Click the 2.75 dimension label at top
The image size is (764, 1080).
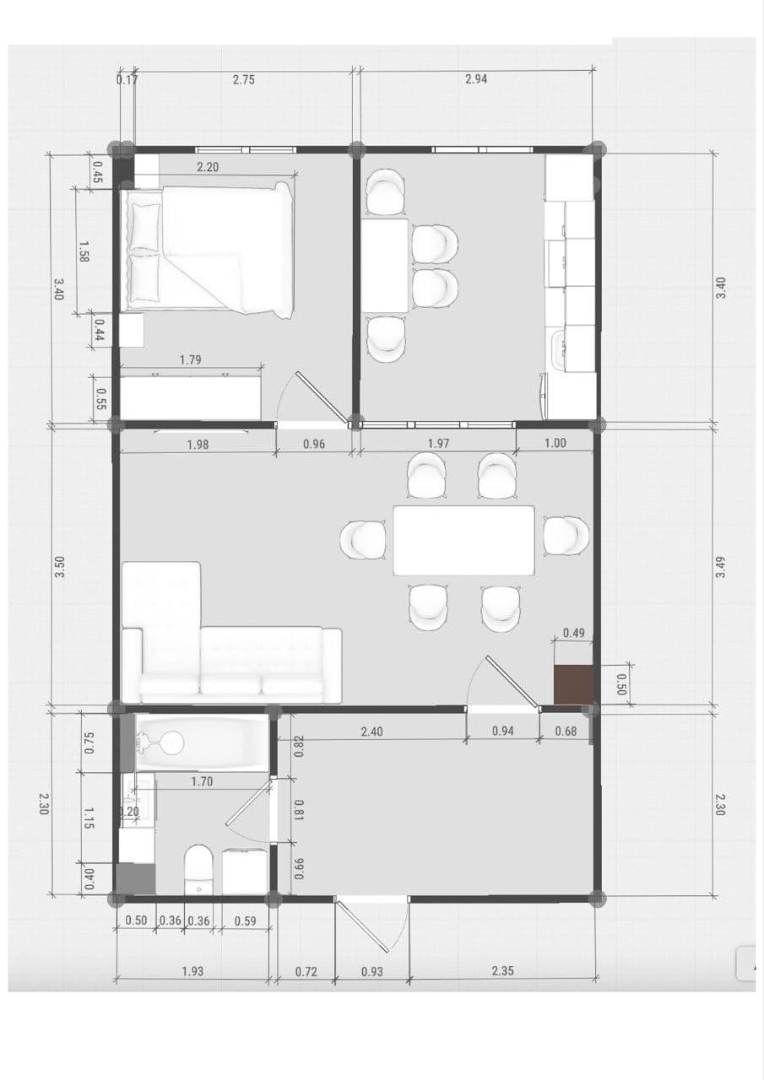coord(244,79)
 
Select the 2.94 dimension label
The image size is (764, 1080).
coord(476,78)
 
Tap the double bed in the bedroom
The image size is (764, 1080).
coord(210,250)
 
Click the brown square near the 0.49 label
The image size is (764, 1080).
coord(573,684)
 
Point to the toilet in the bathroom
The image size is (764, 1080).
coord(198,869)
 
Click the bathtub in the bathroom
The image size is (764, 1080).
coord(202,743)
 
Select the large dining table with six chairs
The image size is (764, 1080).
coord(464,541)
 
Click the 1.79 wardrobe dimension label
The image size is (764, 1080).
coord(191,359)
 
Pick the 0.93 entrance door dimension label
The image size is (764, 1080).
coord(372,971)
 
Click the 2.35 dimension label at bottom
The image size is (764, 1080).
coord(502,970)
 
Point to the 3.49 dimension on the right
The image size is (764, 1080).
coord(720,568)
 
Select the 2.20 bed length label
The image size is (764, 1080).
coord(208,167)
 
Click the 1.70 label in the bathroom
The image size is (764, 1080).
coord(202,781)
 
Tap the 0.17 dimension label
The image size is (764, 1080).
coord(127,79)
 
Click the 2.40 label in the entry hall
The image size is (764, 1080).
coord(372,732)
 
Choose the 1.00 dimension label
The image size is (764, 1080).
coord(555,443)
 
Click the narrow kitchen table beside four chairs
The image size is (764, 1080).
coord(385,266)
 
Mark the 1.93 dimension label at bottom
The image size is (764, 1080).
coord(192,971)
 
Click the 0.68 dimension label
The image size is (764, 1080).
coord(566,732)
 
